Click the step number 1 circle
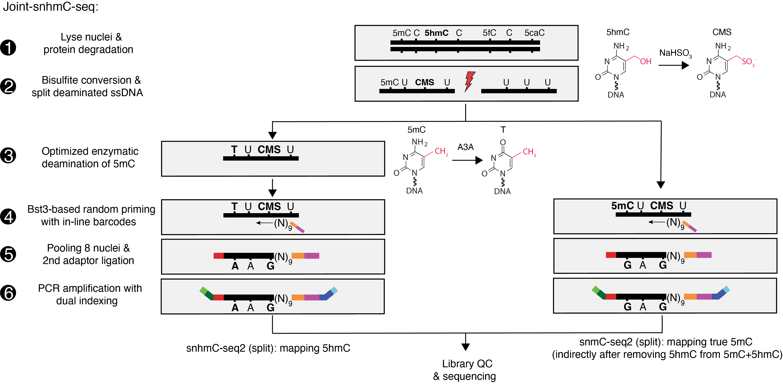(x=8, y=48)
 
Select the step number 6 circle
(x=8, y=293)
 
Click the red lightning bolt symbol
(x=470, y=81)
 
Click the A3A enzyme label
(x=465, y=147)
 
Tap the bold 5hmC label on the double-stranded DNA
(x=437, y=33)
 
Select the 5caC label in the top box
(x=534, y=33)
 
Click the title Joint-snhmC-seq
(x=51, y=7)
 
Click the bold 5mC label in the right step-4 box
(x=622, y=206)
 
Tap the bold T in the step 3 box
(x=234, y=150)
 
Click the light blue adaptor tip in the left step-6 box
(x=334, y=290)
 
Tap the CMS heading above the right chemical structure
(x=722, y=32)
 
